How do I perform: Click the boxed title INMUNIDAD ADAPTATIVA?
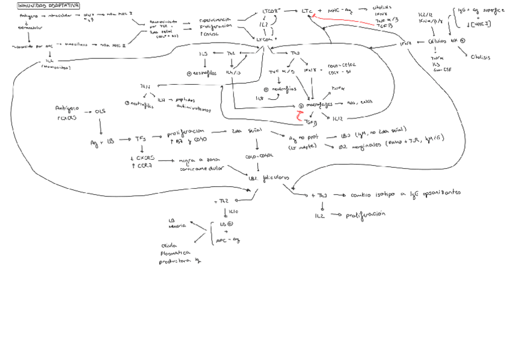pyautogui.click(x=49, y=6)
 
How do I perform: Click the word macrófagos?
pyautogui.click(x=319, y=103)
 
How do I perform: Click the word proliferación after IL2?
pyautogui.click(x=364, y=214)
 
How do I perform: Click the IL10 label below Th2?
pyautogui.click(x=234, y=212)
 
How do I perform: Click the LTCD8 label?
pyautogui.click(x=272, y=11)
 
